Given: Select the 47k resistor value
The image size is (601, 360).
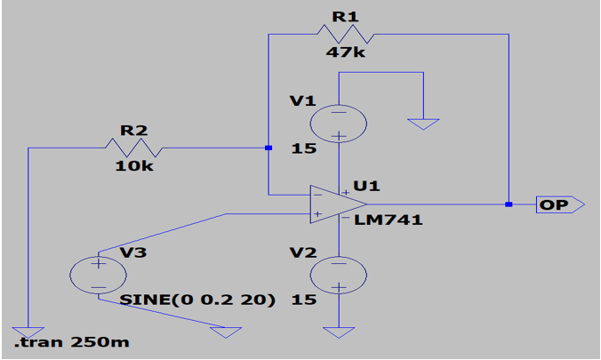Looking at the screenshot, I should [x=343, y=52].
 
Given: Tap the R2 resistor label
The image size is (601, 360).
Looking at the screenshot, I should [x=133, y=130].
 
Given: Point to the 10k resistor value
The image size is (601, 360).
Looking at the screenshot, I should [x=133, y=165].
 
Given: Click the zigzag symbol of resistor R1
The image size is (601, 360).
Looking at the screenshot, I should [x=344, y=34].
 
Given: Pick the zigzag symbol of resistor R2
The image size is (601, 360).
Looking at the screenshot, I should [x=134, y=147].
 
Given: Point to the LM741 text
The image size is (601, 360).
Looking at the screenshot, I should [x=388, y=220].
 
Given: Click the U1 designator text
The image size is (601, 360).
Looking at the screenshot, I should [x=366, y=186].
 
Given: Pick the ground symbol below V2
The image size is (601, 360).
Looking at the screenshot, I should [x=339, y=332].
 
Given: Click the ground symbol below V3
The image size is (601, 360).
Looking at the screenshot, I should [x=224, y=332].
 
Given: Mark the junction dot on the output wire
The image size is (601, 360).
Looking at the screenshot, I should [x=509, y=204].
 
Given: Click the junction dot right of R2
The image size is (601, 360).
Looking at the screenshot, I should [x=267, y=148].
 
